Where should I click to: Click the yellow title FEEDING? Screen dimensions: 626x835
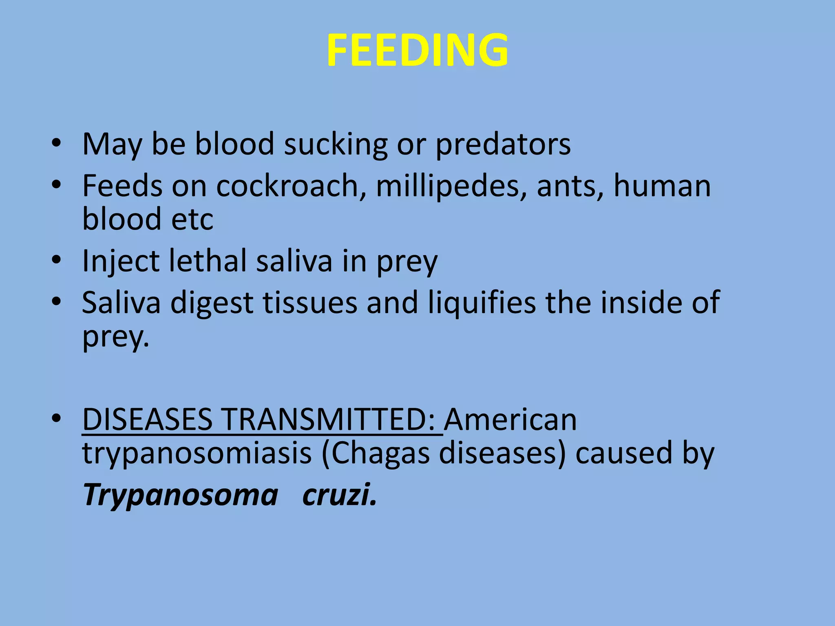[417, 50]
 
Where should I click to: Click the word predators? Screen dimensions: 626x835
[503, 144]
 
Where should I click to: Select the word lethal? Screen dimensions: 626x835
[208, 261]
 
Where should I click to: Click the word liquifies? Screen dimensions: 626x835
[482, 303]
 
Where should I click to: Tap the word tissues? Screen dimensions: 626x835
[310, 303]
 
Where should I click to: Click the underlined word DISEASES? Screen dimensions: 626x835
[147, 420]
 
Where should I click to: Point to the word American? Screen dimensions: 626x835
[510, 420]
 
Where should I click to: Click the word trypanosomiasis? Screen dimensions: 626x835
[197, 454]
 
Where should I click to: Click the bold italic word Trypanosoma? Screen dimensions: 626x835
[181, 495]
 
